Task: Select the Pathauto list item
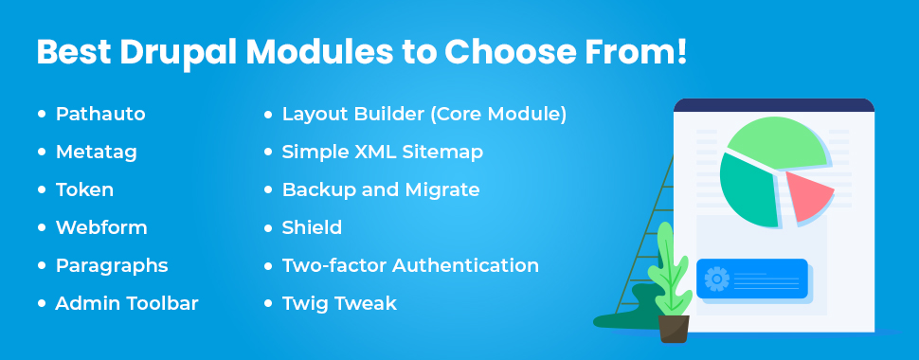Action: click(x=100, y=114)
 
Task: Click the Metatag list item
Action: click(x=97, y=152)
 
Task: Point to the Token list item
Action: click(x=84, y=189)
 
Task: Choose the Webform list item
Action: click(x=101, y=227)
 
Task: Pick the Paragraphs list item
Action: click(x=112, y=265)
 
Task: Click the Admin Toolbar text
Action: click(x=127, y=303)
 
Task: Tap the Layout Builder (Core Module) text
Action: click(x=423, y=114)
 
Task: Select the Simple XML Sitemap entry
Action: click(x=383, y=152)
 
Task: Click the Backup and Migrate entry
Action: click(x=381, y=189)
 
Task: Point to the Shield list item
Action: click(x=312, y=227)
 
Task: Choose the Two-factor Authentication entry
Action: click(x=410, y=265)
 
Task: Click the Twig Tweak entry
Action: click(x=339, y=303)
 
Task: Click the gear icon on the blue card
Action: click(x=717, y=279)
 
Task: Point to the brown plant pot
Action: click(x=674, y=328)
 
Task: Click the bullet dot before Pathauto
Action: click(x=41, y=114)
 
